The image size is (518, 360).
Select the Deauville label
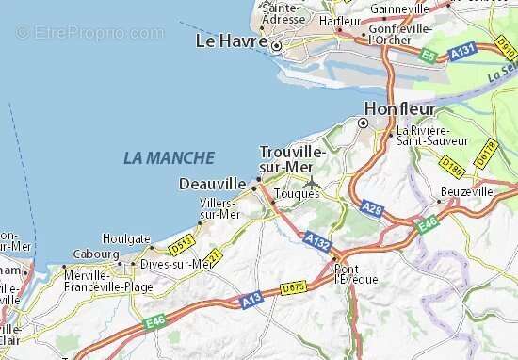(213, 183)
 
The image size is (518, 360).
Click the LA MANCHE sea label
(169, 158)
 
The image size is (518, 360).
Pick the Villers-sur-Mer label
(220, 208)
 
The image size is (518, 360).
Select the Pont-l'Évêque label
(357, 273)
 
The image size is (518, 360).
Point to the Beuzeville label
(466, 190)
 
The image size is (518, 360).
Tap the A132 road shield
(318, 242)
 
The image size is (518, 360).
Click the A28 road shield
(373, 209)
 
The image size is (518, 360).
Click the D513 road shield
(181, 248)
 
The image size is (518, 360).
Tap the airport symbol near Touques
(311, 182)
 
